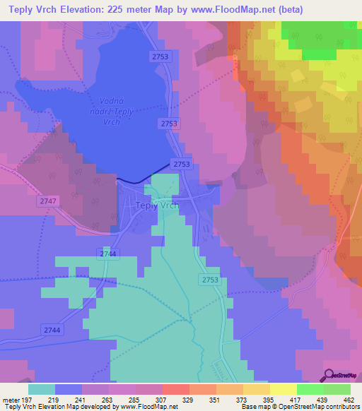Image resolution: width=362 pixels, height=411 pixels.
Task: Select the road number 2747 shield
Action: point(47,201)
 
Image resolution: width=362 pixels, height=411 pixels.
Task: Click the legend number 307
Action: point(163,399)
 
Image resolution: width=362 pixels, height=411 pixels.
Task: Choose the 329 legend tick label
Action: point(189,399)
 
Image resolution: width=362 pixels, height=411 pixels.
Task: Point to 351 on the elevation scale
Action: point(216,399)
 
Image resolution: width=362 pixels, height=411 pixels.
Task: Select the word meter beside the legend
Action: point(11,399)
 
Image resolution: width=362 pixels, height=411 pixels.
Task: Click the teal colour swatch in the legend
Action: point(42,388)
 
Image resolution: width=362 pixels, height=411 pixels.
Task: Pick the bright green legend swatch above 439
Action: point(310,388)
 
